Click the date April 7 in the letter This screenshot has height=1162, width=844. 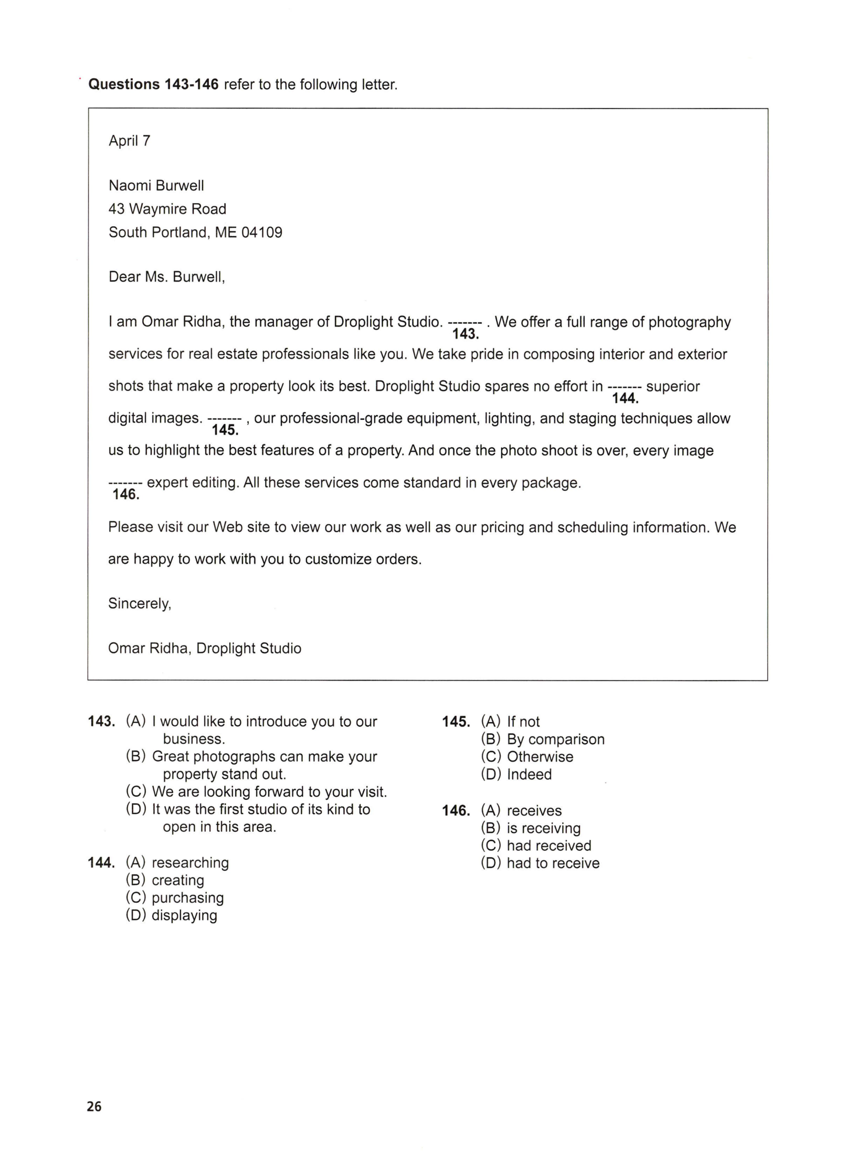click(129, 141)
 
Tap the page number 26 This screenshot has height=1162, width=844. click(94, 1106)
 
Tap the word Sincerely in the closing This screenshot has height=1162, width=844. click(140, 604)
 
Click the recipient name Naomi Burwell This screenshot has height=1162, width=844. click(156, 185)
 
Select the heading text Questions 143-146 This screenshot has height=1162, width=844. click(153, 84)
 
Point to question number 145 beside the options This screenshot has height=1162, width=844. click(455, 722)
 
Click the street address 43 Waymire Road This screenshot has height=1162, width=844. click(167, 209)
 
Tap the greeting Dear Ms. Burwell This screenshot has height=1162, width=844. click(166, 277)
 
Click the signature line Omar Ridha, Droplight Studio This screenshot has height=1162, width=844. click(205, 648)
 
